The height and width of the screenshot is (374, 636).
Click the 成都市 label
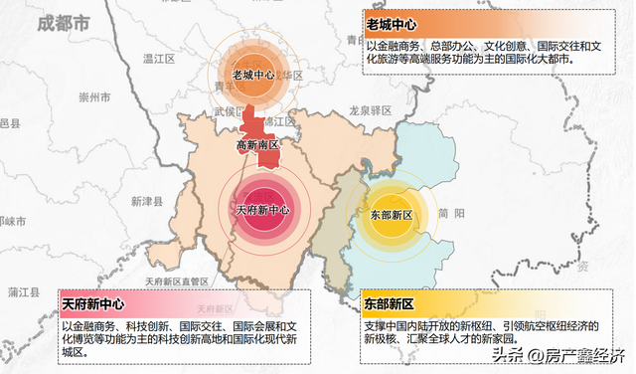pos(61,21)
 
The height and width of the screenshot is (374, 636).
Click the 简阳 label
pos(451,213)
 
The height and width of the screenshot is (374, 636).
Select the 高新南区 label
pos(257,146)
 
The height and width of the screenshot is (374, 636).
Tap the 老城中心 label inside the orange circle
pos(253,75)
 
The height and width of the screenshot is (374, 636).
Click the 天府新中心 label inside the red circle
pos(263,210)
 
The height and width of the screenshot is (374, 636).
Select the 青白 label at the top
pos(356,40)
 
